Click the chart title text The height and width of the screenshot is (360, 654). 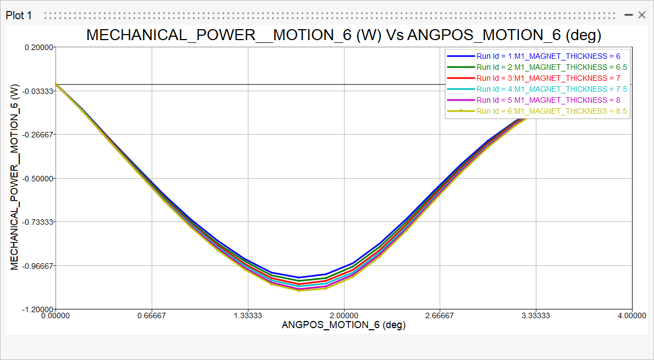343,35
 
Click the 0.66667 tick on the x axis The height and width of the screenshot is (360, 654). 152,316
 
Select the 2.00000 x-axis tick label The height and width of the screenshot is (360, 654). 344,316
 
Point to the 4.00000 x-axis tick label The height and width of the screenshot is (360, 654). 632,316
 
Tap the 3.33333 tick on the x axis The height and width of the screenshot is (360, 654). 536,316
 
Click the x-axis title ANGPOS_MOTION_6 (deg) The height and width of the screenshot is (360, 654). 343,325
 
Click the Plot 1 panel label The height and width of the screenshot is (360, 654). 19,15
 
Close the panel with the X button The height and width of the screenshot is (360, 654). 641,15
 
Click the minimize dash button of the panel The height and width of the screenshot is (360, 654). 629,15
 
